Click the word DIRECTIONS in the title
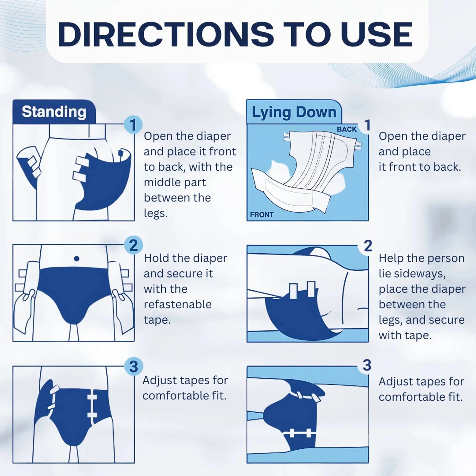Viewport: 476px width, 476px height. pos(165,34)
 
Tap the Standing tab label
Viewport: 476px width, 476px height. pos(54,112)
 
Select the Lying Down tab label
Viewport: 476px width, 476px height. pos(294,112)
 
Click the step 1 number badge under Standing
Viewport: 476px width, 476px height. pos(133,125)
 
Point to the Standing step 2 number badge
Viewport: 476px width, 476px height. pos(133,245)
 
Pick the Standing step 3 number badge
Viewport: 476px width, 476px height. pos(134,367)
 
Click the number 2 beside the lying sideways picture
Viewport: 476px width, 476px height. pos(368,246)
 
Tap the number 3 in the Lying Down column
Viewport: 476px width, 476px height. pos(367,365)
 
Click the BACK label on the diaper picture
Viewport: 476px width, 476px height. pos(347,129)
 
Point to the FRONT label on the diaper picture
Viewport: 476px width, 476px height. pos(262,215)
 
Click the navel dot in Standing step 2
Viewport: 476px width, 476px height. pos(76,259)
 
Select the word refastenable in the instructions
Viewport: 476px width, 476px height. pos(178,304)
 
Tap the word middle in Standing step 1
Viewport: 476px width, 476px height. pos(159,182)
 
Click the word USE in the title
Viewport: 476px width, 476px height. pos(376,34)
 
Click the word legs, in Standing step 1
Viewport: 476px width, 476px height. pos(155,213)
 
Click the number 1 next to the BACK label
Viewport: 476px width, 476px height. pos(367,125)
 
